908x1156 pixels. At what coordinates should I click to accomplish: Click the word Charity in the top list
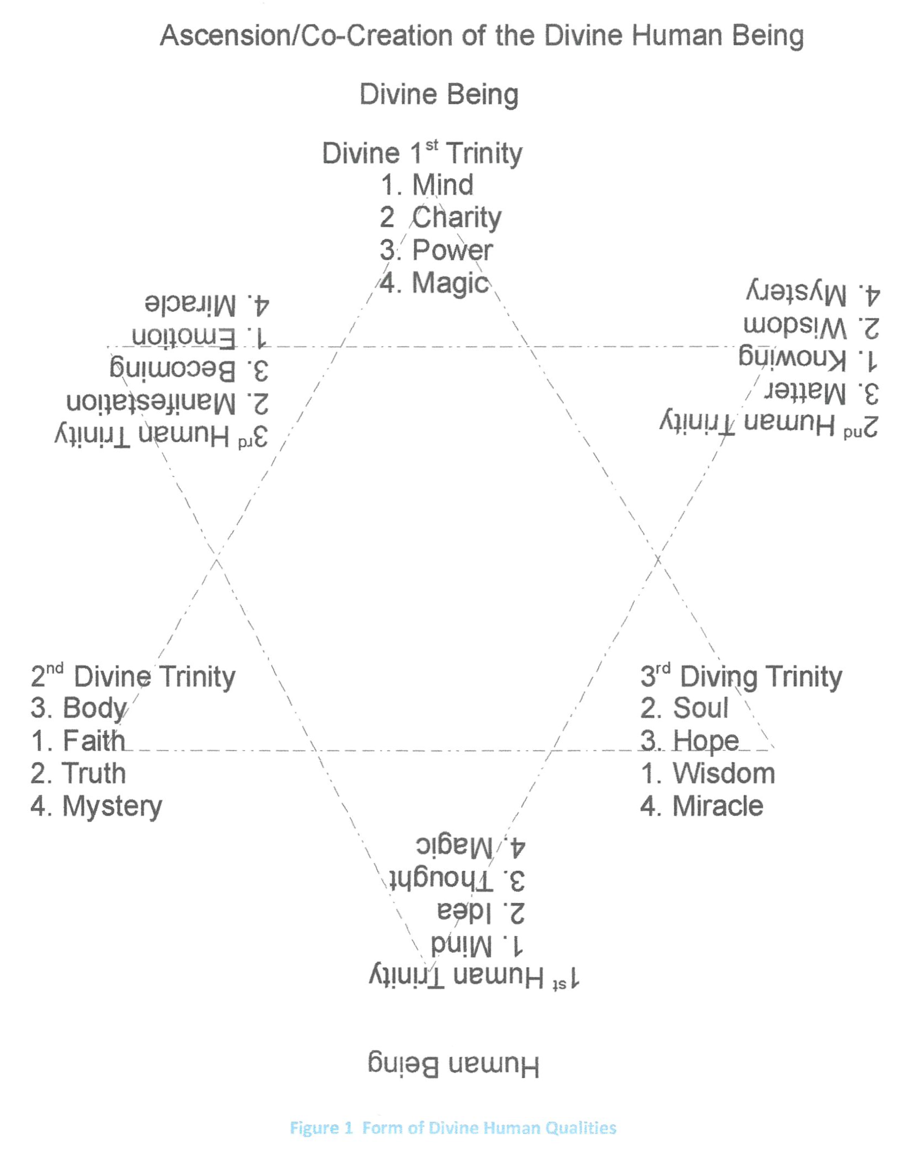(456, 217)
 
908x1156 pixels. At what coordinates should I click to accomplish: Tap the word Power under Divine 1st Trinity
(452, 250)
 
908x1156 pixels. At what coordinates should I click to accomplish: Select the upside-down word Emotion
(184, 337)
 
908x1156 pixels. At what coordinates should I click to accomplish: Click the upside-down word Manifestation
(151, 402)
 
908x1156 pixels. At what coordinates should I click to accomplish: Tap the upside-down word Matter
(805, 392)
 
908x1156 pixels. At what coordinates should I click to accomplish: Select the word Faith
(94, 741)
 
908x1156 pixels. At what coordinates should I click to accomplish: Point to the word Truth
(94, 773)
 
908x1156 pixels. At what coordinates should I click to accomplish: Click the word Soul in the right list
(700, 708)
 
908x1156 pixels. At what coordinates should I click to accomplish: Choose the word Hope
(705, 741)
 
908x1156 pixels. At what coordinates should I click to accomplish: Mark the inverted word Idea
(464, 912)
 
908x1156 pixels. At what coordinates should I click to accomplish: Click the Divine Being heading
(439, 94)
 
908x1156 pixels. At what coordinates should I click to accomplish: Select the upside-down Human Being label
(453, 1066)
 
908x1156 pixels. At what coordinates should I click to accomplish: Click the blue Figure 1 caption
(453, 1128)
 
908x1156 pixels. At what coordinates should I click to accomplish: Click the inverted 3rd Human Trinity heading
(161, 436)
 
